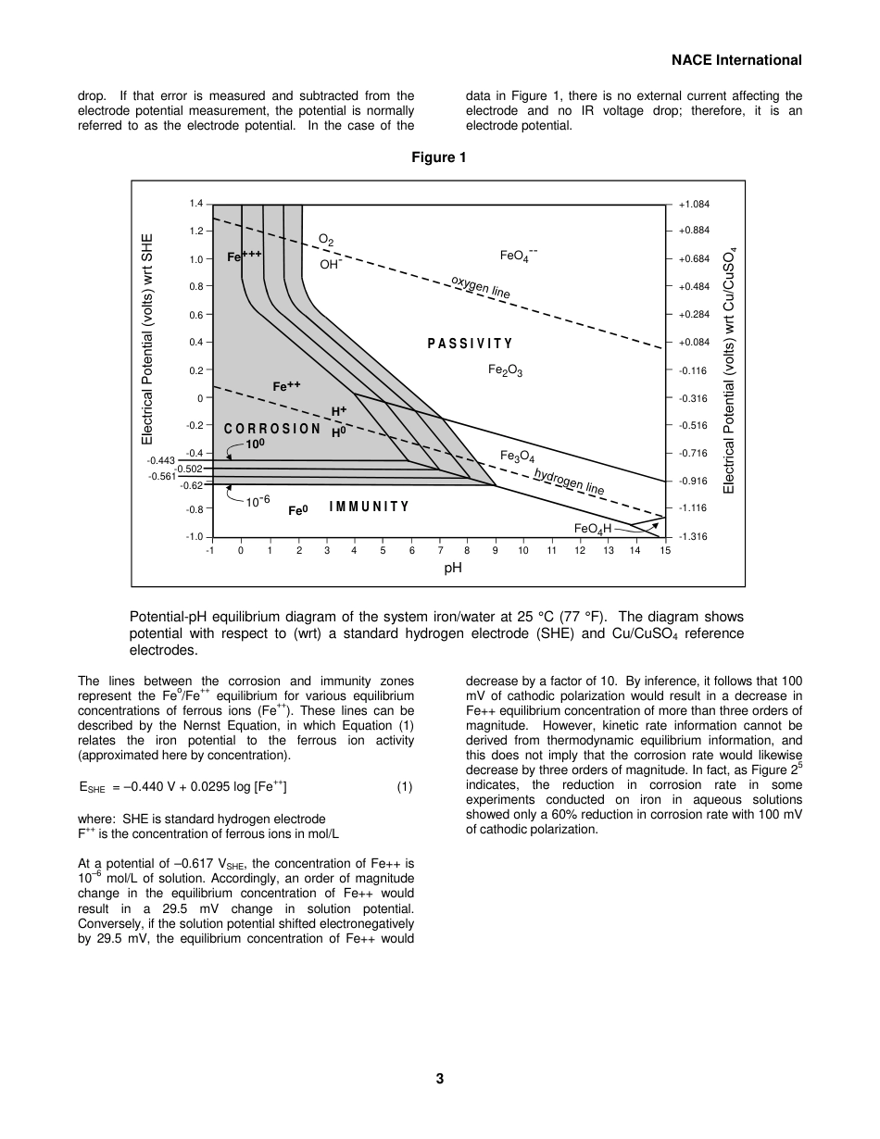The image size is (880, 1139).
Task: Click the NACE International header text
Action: click(736, 60)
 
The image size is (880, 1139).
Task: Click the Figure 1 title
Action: click(439, 157)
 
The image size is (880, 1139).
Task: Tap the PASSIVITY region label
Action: click(470, 344)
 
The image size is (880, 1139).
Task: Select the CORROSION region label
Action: click(272, 429)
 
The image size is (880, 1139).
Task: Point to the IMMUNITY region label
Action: click(369, 507)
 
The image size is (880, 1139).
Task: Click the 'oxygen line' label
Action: click(480, 287)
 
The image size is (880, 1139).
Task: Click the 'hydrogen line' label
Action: click(569, 481)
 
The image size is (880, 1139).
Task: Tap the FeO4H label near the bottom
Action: click(593, 529)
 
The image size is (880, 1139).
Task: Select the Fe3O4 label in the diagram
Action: click(517, 457)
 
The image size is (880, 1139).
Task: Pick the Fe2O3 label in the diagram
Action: click(505, 370)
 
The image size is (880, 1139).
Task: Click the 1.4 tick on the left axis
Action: click(196, 204)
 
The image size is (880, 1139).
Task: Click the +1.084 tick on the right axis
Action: click(694, 204)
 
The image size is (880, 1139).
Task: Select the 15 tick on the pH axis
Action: click(665, 551)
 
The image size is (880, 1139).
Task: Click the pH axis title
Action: click(452, 568)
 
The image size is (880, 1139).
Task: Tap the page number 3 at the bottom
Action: click(440, 1078)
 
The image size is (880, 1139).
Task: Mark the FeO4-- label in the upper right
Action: click(519, 255)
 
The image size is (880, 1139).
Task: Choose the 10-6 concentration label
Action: click(258, 501)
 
